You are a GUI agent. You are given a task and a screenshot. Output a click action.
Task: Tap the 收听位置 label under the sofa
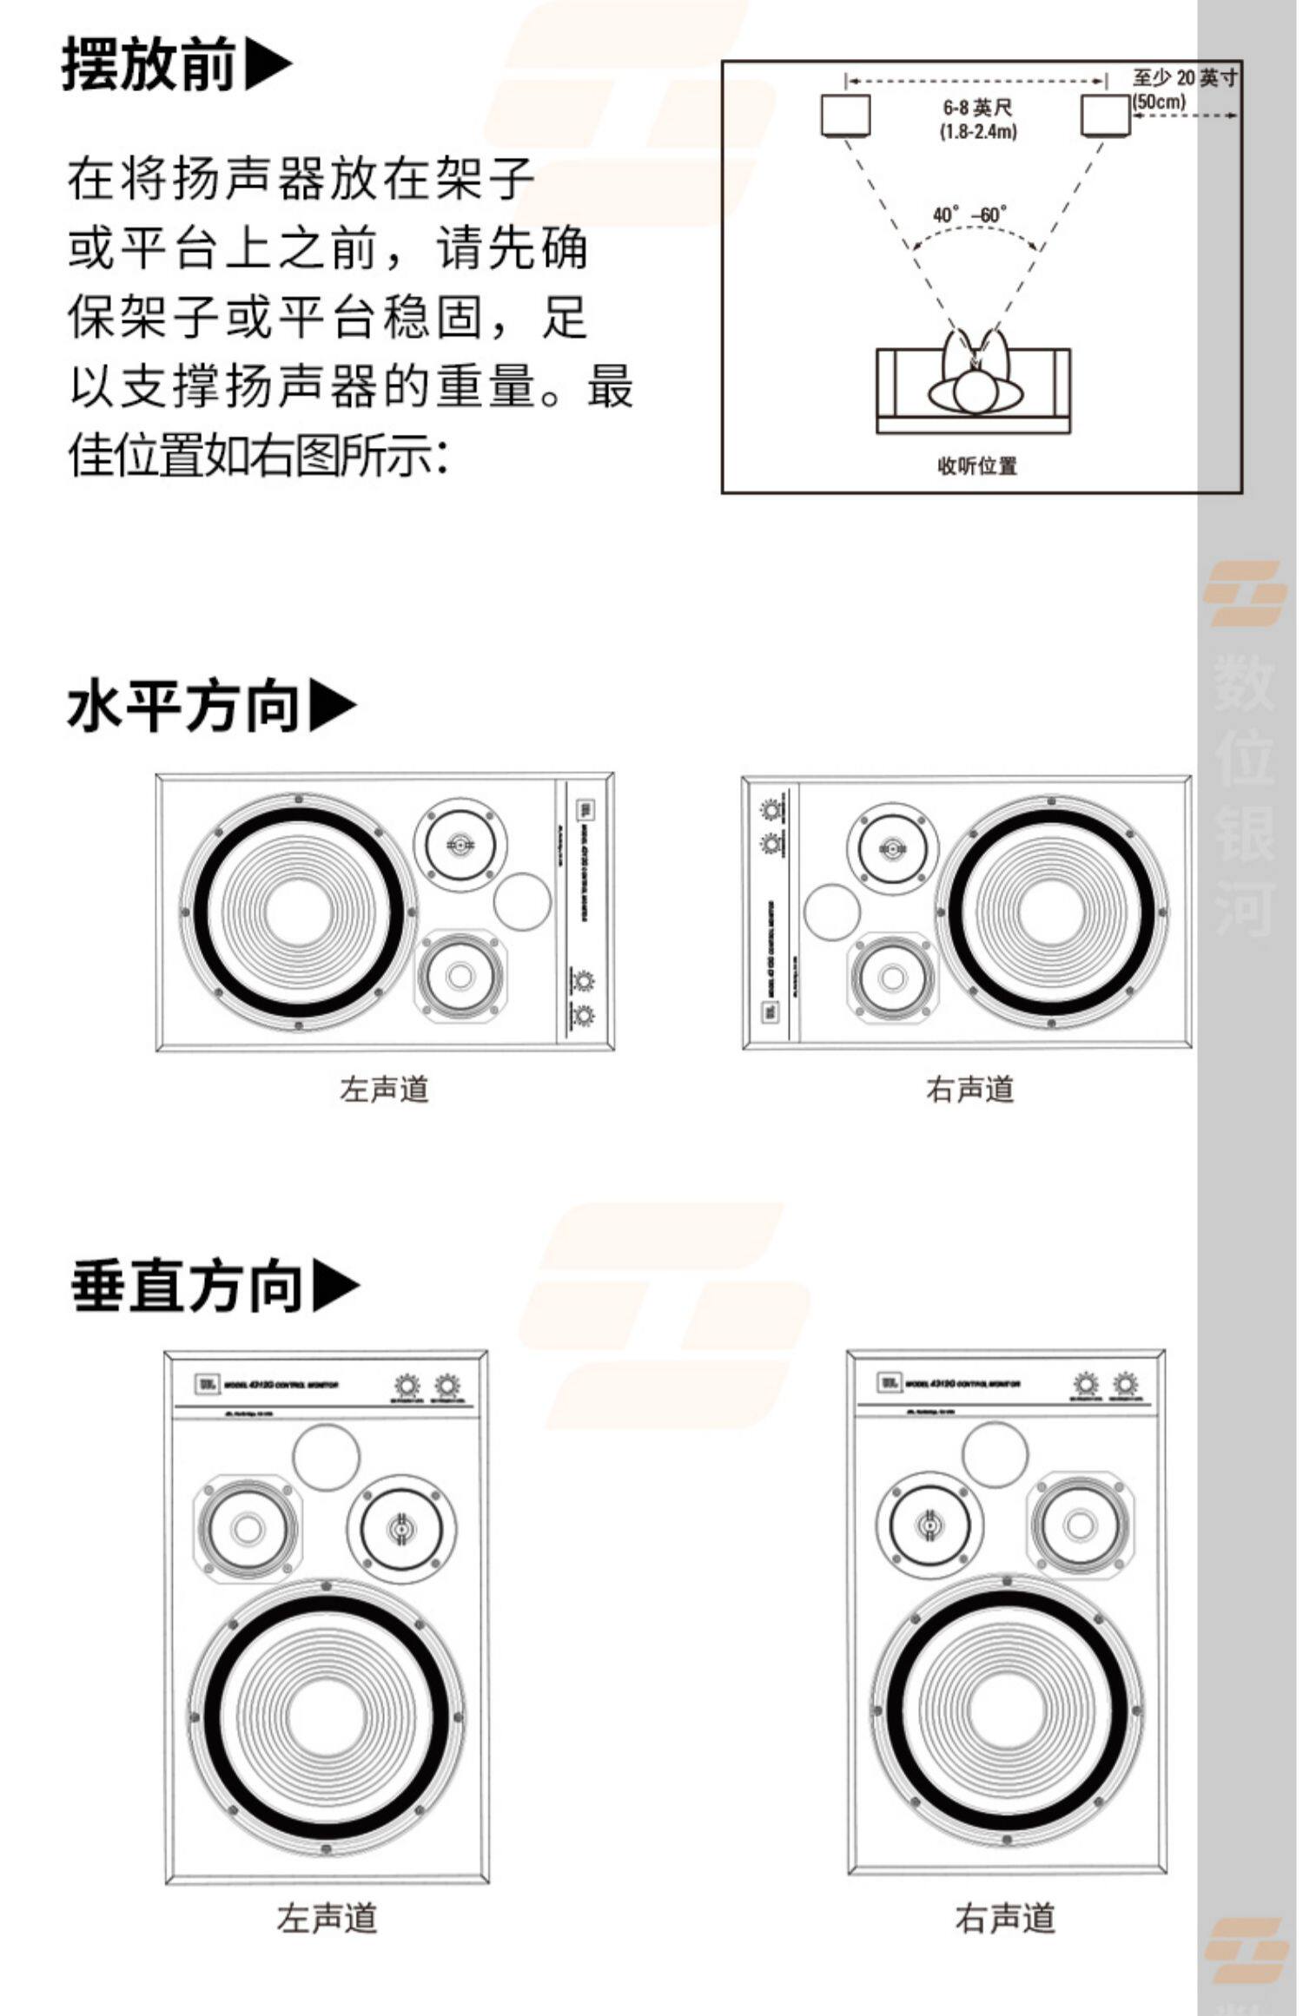[x=977, y=466]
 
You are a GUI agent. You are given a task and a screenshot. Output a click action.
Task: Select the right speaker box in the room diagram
[x=1105, y=115]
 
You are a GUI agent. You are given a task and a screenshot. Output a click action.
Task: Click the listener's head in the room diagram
[x=976, y=392]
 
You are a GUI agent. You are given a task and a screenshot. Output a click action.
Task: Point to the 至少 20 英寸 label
[x=1185, y=77]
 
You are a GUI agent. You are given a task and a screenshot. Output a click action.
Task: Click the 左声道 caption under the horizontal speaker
[x=384, y=1089]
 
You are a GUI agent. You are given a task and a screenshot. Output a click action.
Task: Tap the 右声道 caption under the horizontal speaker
[x=969, y=1089]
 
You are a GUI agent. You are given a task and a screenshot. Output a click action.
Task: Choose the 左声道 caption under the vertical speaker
[x=327, y=1918]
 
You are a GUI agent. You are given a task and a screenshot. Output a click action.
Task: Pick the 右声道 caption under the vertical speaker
[x=1005, y=1918]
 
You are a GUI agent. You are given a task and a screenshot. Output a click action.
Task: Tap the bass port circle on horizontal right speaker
[x=832, y=912]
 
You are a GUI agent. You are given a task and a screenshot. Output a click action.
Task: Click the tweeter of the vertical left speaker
[x=400, y=1529]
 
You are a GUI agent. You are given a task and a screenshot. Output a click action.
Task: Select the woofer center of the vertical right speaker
[x=1007, y=1713]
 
